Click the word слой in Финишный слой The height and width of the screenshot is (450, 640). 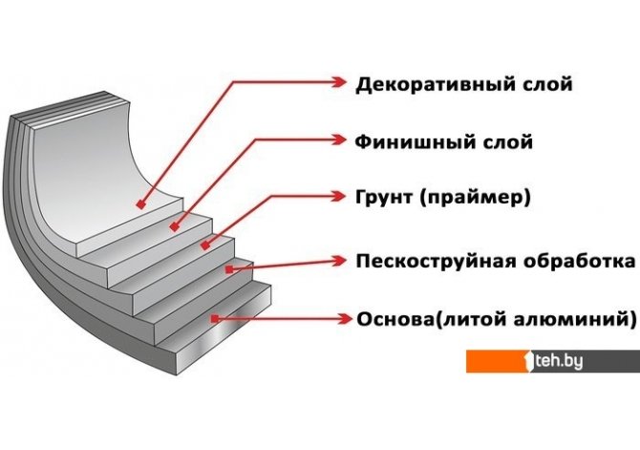coord(507,142)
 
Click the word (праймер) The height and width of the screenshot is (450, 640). coord(475,199)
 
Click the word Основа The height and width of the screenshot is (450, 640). coord(393,318)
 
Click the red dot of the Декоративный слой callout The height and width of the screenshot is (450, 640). coord(140,204)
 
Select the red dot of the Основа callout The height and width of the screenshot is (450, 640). coord(219,317)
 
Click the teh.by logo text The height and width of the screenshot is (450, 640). coord(562,361)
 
